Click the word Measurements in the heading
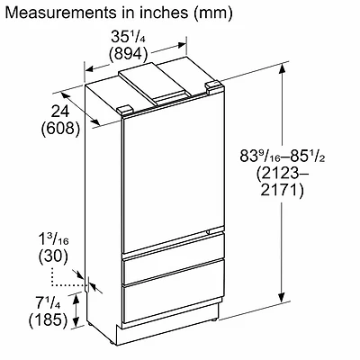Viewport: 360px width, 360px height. click(x=60, y=13)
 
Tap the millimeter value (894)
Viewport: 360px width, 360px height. click(x=129, y=54)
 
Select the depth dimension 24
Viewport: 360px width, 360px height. click(x=59, y=112)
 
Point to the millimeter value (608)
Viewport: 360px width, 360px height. click(x=60, y=129)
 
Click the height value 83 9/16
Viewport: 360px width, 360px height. click(x=259, y=157)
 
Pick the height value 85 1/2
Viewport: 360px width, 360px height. click(x=307, y=157)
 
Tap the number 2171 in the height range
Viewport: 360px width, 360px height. click(x=282, y=190)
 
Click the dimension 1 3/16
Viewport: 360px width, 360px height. click(x=54, y=239)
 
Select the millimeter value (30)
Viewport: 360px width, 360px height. click(x=53, y=256)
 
